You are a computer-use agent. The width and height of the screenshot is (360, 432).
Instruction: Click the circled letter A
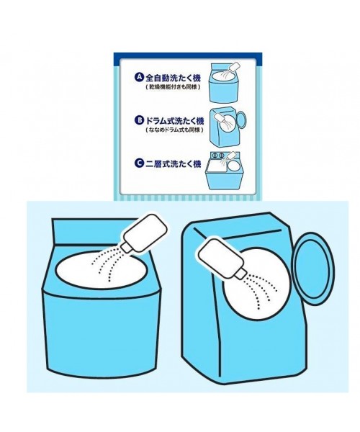(140, 77)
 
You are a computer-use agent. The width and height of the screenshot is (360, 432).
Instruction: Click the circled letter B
(140, 120)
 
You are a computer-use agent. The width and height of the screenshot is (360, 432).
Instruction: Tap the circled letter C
(140, 163)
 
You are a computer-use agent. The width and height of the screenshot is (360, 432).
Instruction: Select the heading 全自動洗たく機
(174, 78)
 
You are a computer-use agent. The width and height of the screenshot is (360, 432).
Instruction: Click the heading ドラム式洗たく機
(175, 121)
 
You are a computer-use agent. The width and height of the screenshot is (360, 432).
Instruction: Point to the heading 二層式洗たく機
(174, 163)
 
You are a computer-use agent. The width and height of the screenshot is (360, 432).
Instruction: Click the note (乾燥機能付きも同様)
(173, 87)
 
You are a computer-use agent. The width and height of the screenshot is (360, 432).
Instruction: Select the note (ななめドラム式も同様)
(175, 130)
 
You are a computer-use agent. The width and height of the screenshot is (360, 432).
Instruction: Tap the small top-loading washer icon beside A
(224, 83)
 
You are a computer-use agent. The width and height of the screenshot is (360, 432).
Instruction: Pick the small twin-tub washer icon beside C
(225, 171)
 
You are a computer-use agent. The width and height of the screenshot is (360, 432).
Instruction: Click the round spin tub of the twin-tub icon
(233, 166)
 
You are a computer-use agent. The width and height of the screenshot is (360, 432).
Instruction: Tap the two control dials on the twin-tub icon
(218, 156)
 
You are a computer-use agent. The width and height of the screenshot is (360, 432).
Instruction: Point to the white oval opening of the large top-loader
(102, 270)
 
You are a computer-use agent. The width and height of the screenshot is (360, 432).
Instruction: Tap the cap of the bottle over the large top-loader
(127, 247)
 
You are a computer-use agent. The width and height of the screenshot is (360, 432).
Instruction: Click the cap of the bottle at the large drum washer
(240, 274)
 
